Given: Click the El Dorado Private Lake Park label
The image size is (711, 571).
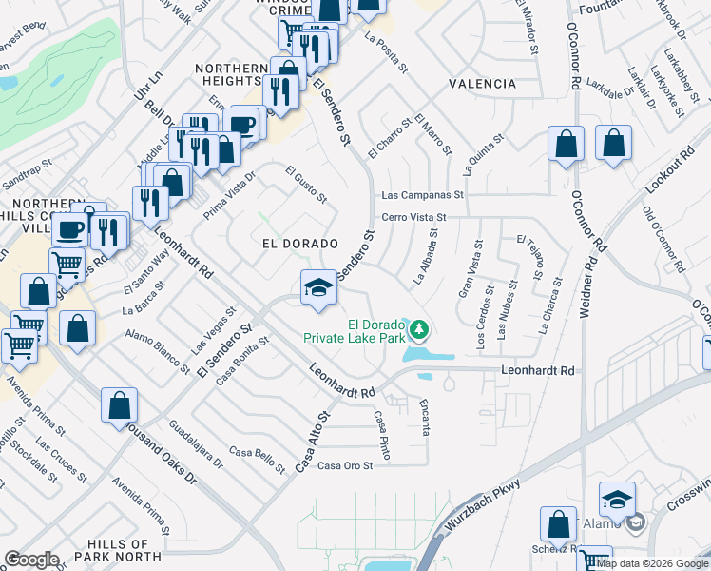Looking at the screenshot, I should point(355,329).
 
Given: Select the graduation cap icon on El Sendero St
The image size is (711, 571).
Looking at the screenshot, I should point(317,287).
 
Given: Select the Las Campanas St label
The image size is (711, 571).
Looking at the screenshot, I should point(421,195).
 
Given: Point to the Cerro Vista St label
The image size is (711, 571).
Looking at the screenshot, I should point(414,217).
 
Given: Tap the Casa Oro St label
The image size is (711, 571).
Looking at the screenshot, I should point(344,465).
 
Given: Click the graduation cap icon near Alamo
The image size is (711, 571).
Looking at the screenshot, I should point(617,500).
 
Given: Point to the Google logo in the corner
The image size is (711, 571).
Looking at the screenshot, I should point(31,560).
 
